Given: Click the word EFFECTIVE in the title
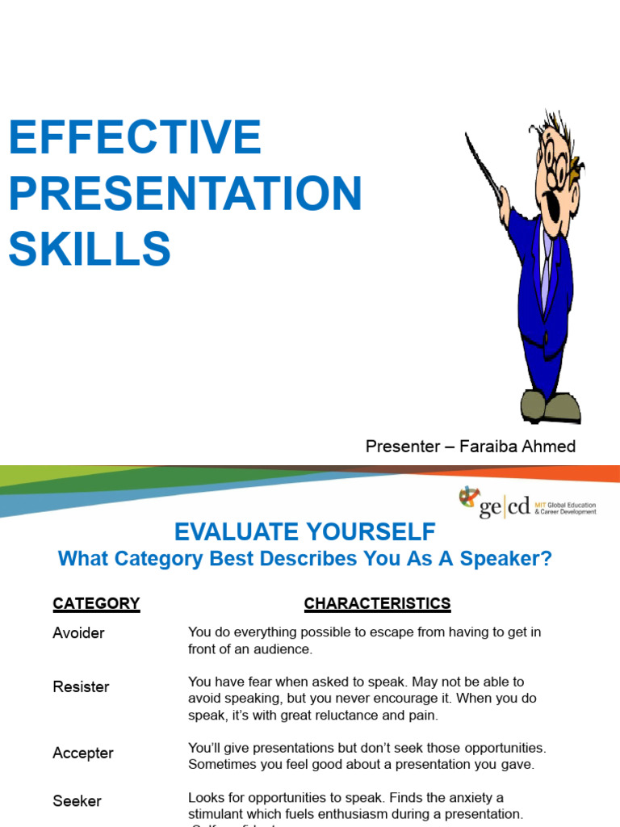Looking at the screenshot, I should point(135,137).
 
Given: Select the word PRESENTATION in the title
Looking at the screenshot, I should point(185,194).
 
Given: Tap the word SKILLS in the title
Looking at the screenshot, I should point(90,249).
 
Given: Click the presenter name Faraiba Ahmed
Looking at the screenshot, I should point(517,447).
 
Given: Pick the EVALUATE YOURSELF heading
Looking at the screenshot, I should point(305,532).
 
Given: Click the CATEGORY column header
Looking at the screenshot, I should point(96,603).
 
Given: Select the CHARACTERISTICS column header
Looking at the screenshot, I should point(377,603).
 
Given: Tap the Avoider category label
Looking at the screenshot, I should point(78,633).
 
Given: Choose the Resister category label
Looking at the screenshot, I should point(81,687).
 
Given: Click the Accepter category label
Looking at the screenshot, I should point(83,753).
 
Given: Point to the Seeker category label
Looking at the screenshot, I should point(77,801).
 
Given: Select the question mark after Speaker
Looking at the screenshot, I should point(547,560).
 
